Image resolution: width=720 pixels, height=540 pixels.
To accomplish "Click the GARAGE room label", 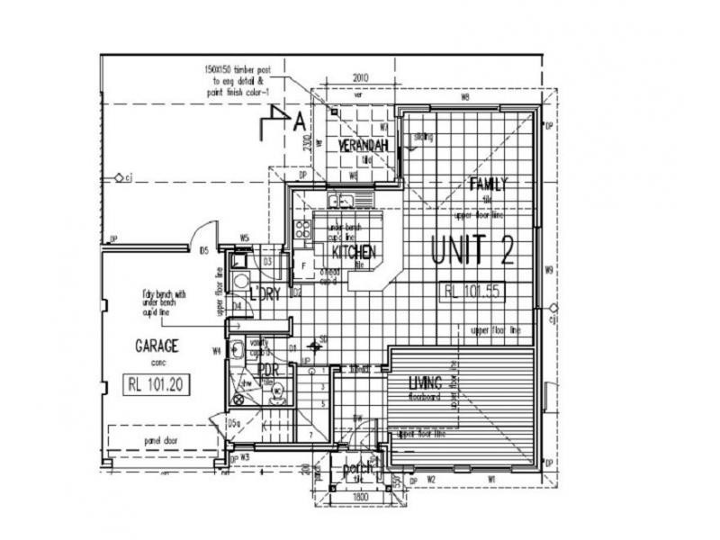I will (157, 345).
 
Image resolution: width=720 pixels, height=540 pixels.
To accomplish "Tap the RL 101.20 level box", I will (157, 383).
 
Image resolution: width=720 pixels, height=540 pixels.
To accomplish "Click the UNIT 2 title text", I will (472, 249).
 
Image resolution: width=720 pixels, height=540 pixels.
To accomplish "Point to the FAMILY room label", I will (489, 184).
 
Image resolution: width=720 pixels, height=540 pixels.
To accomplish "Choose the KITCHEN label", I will (353, 251).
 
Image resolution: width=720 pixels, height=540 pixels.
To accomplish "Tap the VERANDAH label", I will (363, 146).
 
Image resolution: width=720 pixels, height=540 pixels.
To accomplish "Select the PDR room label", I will (266, 370).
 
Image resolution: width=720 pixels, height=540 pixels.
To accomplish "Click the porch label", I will (357, 468).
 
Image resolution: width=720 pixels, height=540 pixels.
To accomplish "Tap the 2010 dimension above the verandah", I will (362, 77).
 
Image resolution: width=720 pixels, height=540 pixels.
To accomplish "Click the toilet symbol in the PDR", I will (277, 391).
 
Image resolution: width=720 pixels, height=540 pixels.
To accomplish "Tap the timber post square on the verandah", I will (333, 112).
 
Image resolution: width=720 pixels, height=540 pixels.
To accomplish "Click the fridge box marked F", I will (302, 265).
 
